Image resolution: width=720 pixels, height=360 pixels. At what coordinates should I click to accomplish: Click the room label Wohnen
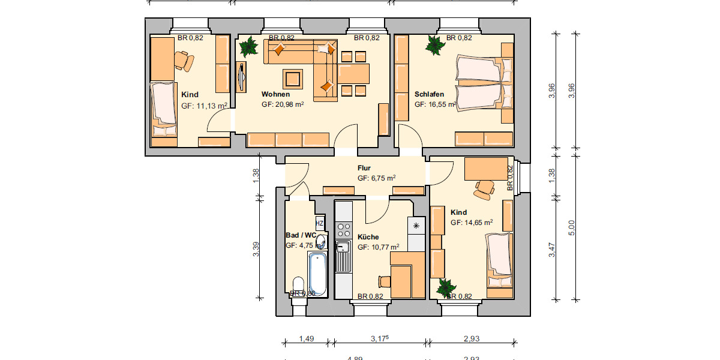tap(275, 94)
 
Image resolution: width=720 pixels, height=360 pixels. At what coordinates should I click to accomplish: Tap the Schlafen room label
tap(429, 94)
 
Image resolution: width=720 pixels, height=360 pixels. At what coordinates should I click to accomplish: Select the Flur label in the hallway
tap(364, 169)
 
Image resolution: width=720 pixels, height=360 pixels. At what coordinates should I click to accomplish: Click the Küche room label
tap(368, 237)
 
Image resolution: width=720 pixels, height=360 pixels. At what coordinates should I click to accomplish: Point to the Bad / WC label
tap(300, 235)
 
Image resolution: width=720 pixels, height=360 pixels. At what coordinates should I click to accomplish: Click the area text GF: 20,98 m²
tap(283, 104)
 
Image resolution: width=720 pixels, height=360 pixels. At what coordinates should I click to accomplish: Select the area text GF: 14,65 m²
tap(472, 223)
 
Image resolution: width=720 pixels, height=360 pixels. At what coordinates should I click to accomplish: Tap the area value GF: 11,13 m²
tap(204, 106)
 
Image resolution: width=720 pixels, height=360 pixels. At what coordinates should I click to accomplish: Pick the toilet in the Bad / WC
tap(298, 286)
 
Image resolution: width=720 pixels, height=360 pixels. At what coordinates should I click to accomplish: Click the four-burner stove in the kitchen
tap(344, 229)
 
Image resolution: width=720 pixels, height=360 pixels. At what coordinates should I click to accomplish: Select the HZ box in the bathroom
tap(320, 223)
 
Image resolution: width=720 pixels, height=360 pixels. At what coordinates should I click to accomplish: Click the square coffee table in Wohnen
tap(293, 79)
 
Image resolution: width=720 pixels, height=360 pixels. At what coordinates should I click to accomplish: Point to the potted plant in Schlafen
tap(433, 44)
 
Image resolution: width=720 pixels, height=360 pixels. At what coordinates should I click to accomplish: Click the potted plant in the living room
tap(247, 46)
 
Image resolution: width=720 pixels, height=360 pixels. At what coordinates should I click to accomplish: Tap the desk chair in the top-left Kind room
tap(184, 61)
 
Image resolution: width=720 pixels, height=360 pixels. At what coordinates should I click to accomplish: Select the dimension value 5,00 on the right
tap(572, 228)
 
